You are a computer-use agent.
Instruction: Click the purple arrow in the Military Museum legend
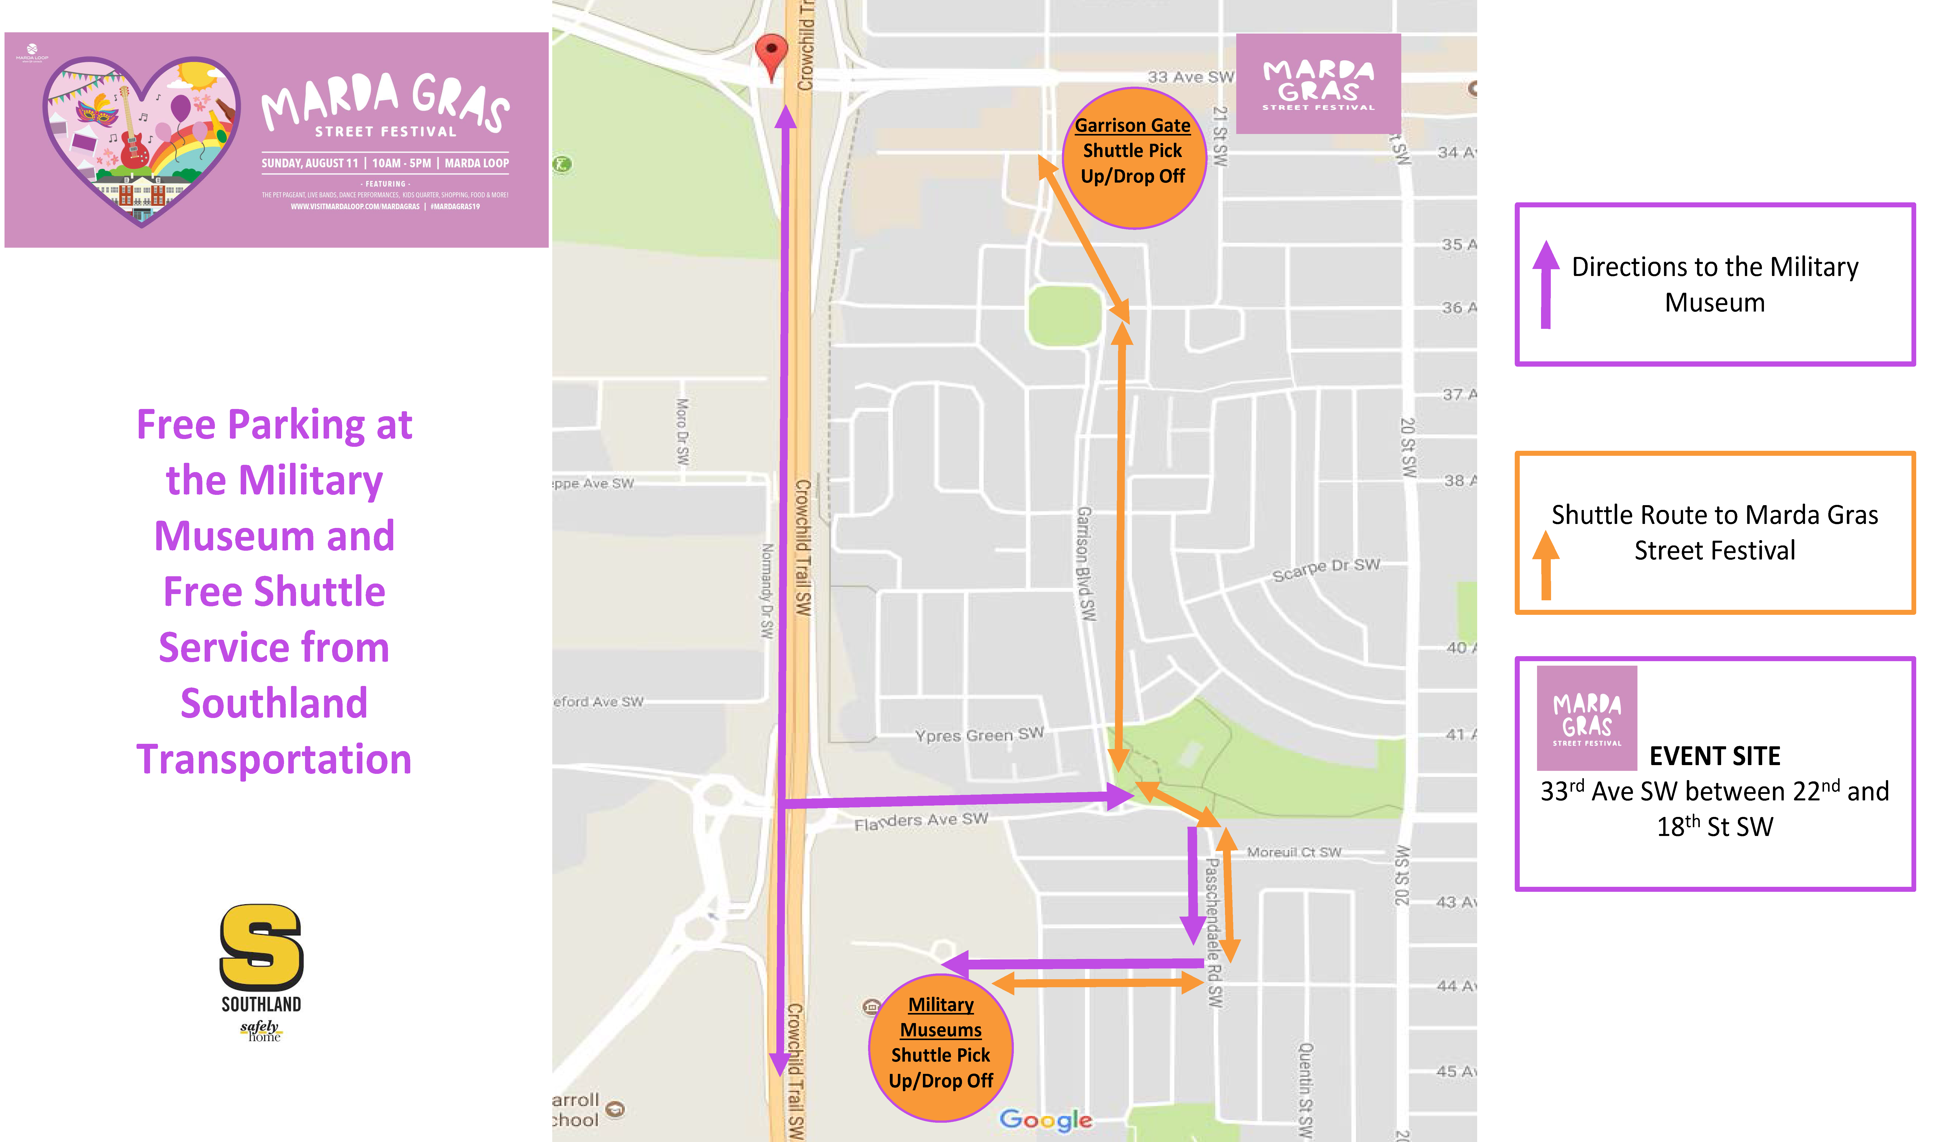click(x=1545, y=285)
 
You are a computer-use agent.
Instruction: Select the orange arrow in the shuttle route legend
click(x=1545, y=565)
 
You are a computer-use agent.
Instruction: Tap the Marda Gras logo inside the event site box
click(x=1586, y=718)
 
